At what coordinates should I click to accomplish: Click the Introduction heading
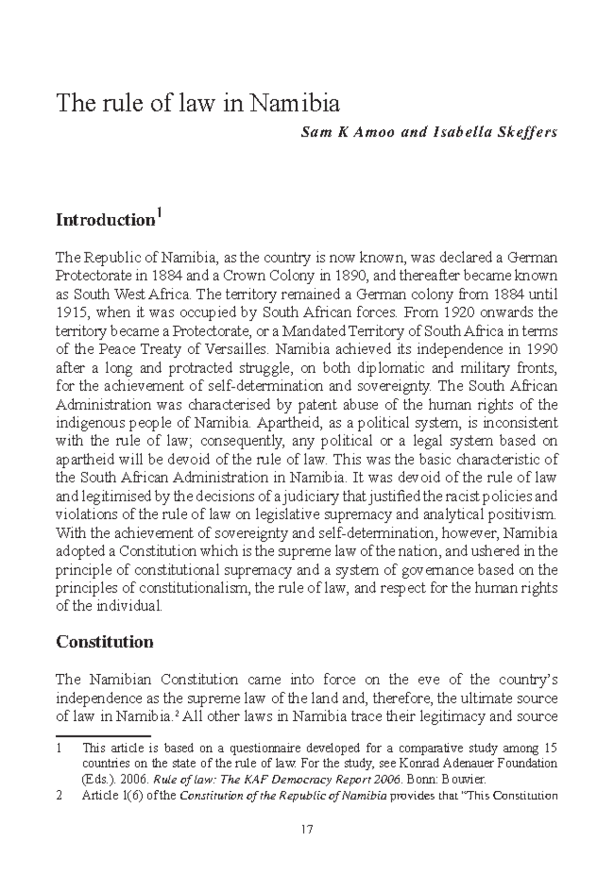coord(105,220)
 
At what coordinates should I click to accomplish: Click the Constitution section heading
coord(104,642)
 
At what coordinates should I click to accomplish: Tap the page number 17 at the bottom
coord(306,830)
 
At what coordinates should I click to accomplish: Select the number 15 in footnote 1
coord(550,749)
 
